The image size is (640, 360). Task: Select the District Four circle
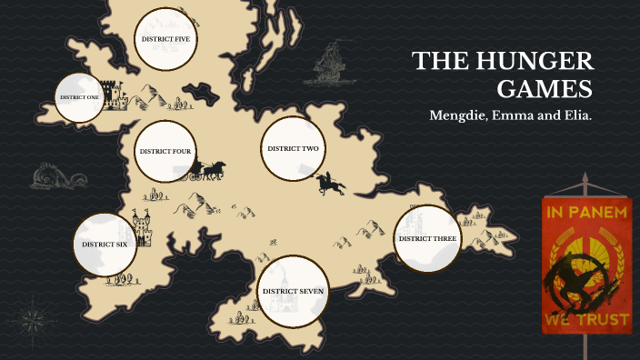coord(165,151)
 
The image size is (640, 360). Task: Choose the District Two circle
coord(292,148)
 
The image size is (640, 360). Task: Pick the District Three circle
coord(427,238)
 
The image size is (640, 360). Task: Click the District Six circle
coord(105,245)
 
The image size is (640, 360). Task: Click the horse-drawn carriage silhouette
coord(211,169)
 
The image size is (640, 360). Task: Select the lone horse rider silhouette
coord(331,185)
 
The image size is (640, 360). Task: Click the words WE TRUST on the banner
coord(585,321)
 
